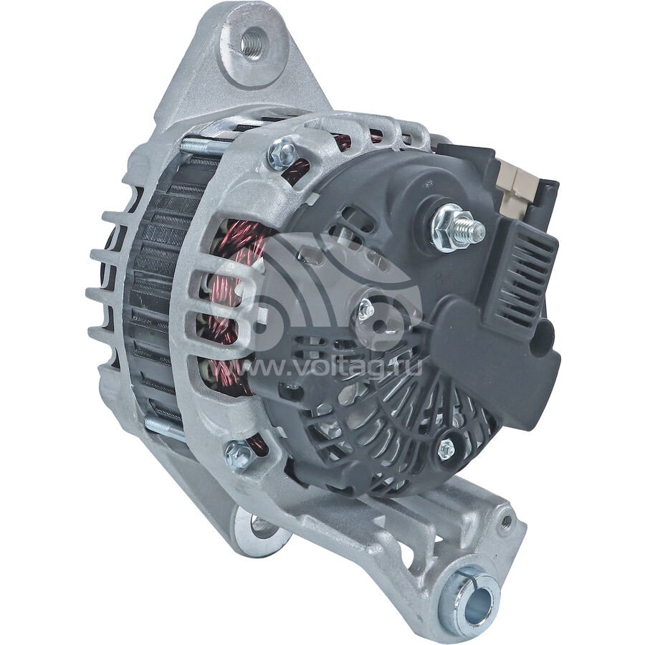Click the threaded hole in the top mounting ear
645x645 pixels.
254,42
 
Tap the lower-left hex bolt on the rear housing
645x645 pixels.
239,454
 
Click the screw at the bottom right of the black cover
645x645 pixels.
446,449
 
